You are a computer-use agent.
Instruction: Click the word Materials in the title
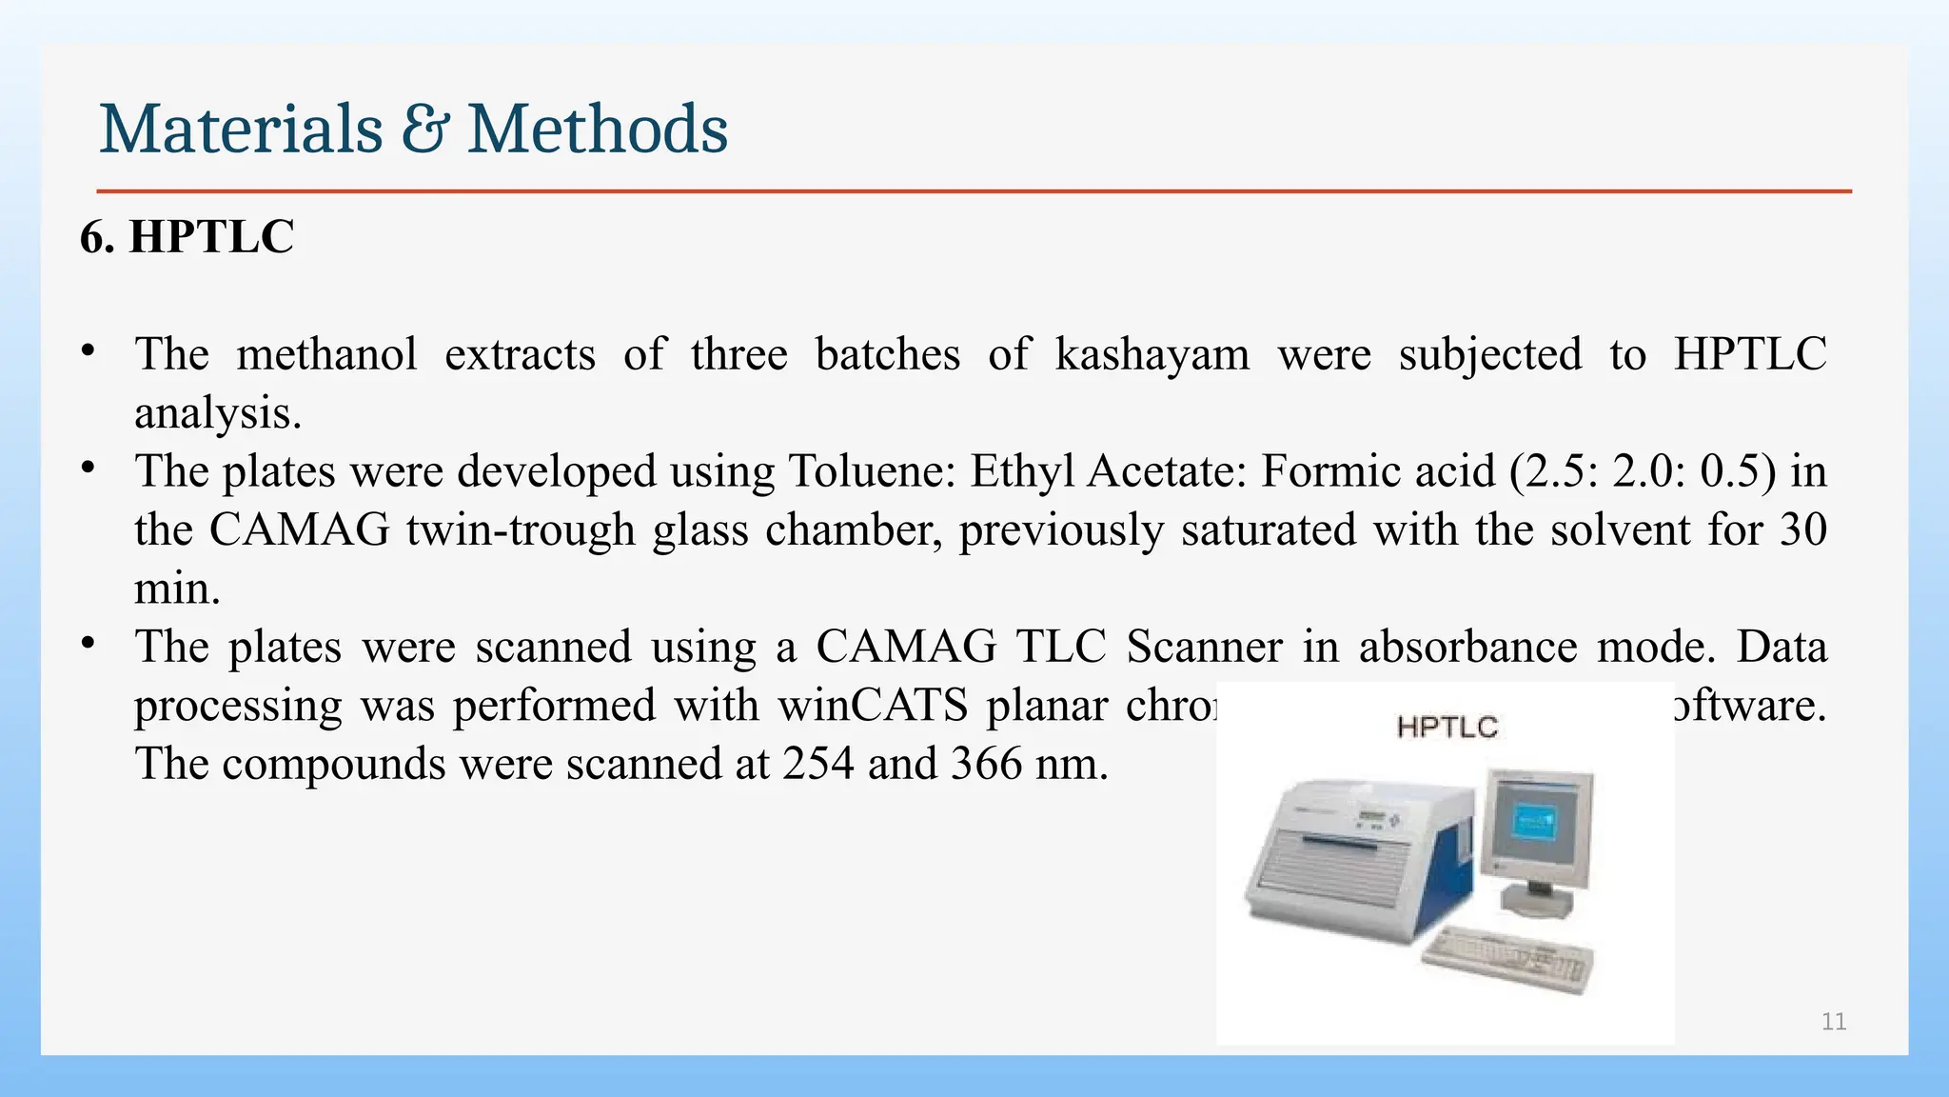pyautogui.click(x=241, y=130)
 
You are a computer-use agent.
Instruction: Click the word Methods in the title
pyautogui.click(x=598, y=130)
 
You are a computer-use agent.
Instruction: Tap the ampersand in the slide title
pyautogui.click(x=424, y=131)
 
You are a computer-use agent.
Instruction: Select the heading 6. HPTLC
pyautogui.click(x=187, y=236)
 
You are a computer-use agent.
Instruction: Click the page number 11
pyautogui.click(x=1833, y=1022)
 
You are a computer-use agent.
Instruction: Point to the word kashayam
pyautogui.click(x=1152, y=354)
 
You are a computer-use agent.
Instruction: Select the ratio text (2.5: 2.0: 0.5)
pyautogui.click(x=1643, y=471)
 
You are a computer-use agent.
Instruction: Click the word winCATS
pyautogui.click(x=872, y=706)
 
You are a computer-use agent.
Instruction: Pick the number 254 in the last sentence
pyautogui.click(x=817, y=764)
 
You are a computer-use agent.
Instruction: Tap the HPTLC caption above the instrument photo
pyautogui.click(x=1447, y=728)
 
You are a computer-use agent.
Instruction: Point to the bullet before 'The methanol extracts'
pyautogui.click(x=88, y=350)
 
